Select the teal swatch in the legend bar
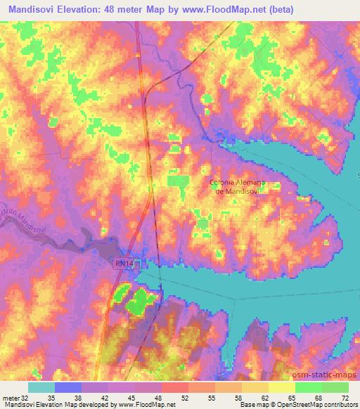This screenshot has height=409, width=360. tap(41, 387)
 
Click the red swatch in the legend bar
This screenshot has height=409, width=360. tap(175, 387)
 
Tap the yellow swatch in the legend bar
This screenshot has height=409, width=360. tap(281, 387)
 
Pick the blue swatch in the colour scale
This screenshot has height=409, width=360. tap(68, 387)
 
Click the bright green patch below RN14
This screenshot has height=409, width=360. tap(139, 301)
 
